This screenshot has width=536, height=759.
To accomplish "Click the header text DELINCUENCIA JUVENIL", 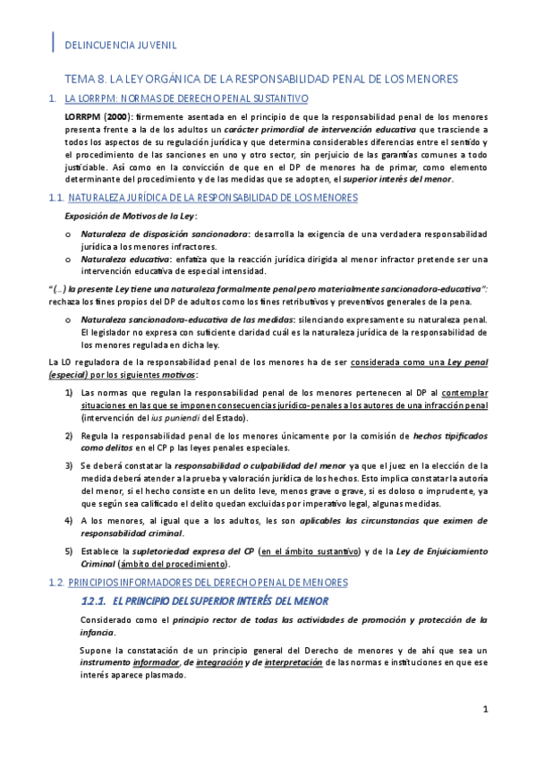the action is pos(120,43).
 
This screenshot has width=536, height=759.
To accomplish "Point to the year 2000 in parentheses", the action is pos(123,116).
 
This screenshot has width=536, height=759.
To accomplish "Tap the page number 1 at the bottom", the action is pos(484,710).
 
